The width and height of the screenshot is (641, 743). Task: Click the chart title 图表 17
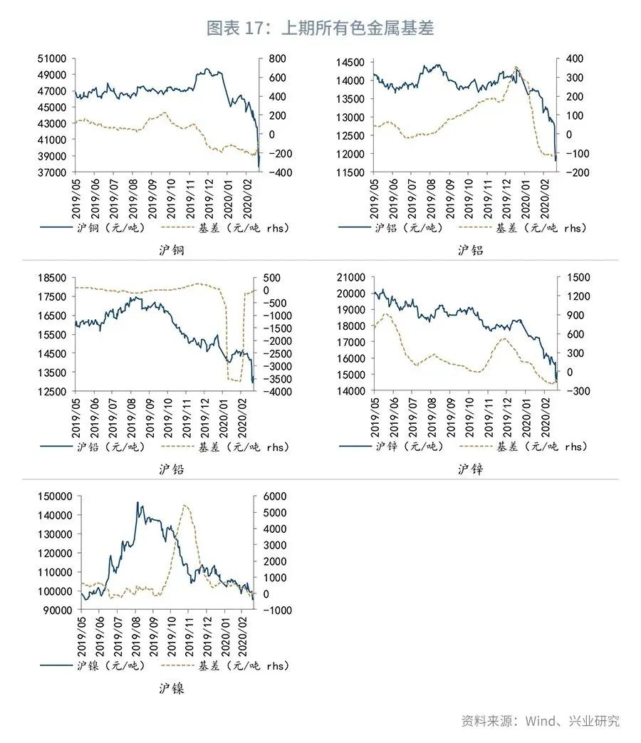pos(320,28)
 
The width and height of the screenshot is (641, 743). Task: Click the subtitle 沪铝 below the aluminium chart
pos(470,251)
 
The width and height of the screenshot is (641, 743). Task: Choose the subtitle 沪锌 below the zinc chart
pos(470,469)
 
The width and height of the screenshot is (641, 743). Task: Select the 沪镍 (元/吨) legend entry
pos(110,665)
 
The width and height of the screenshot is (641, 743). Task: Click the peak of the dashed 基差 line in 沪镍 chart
pos(185,505)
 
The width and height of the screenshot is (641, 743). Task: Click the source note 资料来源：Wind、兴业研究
pos(540,720)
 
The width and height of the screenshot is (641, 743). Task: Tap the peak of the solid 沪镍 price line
pos(137,502)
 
